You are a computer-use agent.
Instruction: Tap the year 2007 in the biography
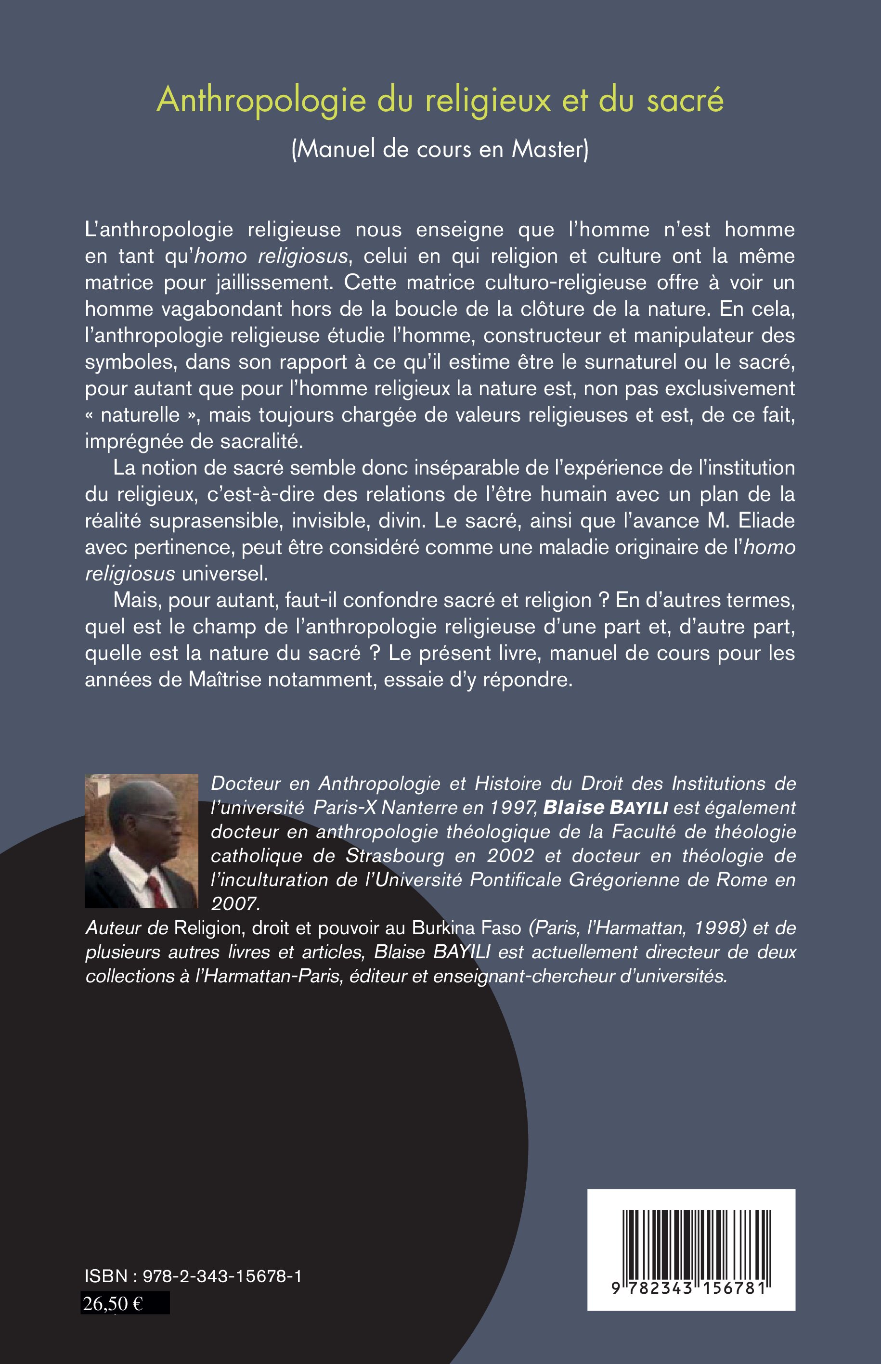(x=235, y=903)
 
